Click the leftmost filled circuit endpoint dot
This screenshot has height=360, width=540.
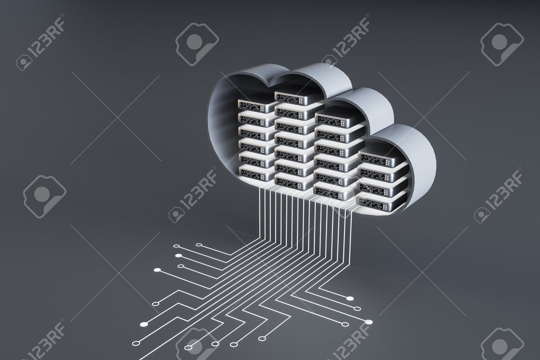pos(144,324)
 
